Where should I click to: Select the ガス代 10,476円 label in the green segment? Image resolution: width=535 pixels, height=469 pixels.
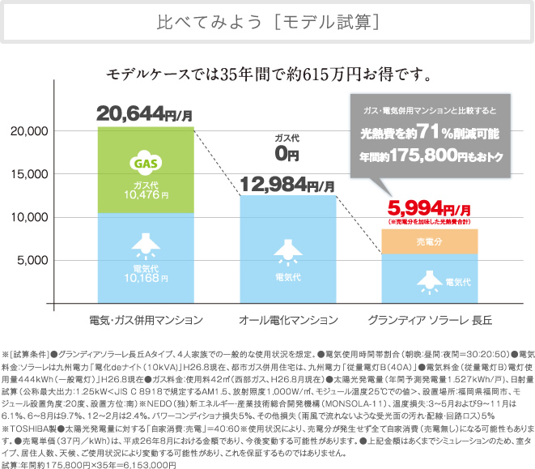146,190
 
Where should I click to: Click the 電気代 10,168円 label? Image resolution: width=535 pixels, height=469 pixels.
146,275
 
